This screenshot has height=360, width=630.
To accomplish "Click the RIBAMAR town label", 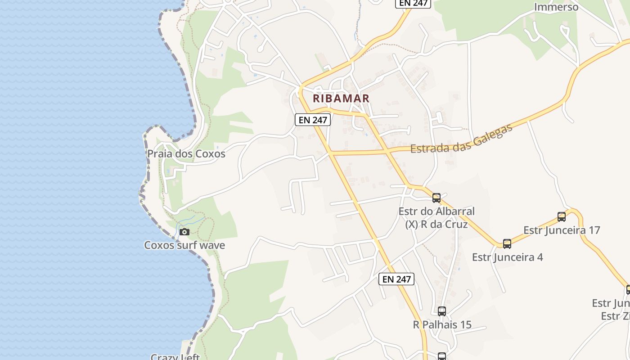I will [341, 98].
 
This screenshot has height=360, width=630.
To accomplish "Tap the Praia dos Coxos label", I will [186, 154].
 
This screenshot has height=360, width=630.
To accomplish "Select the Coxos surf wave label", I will [184, 245].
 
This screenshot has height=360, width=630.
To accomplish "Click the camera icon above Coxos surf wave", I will [184, 232].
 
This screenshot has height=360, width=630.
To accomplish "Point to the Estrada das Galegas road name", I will [462, 139].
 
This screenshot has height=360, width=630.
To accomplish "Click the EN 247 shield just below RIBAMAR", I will [313, 120].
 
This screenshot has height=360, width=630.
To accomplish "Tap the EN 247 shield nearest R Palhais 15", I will [396, 279].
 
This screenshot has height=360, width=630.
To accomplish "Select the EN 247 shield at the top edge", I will [413, 3].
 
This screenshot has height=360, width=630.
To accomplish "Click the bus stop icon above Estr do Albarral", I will [436, 198].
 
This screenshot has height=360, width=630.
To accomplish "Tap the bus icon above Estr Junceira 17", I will [562, 217].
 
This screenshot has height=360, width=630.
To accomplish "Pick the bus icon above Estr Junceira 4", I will [507, 244].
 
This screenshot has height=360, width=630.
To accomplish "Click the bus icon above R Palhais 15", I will [442, 311].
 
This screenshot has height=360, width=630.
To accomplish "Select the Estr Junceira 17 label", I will [562, 230].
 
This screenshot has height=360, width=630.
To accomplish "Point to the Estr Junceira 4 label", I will [507, 257].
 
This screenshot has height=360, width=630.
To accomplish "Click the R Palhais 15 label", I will [442, 324].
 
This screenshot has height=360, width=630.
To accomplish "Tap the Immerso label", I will [556, 7].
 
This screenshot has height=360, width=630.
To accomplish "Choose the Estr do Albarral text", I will [436, 211].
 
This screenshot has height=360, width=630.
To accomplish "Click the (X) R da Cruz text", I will [436, 224].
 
